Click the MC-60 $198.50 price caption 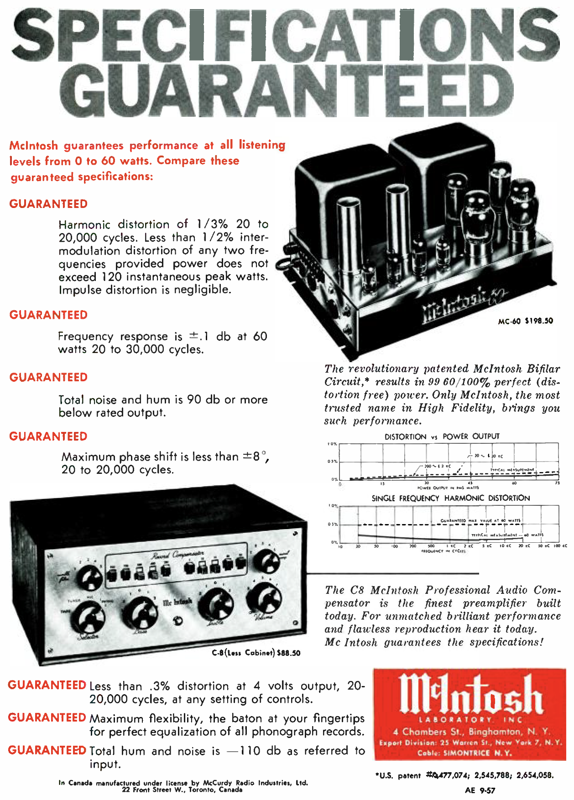click(525, 321)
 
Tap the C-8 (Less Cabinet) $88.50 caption click(256, 653)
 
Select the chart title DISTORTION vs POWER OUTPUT click(442, 436)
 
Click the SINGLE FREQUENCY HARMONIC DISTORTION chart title click(450, 498)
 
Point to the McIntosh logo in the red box click(470, 695)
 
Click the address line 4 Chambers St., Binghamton click(471, 732)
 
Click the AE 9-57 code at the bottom click(480, 790)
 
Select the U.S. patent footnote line click(464, 775)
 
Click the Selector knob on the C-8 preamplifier click(91, 618)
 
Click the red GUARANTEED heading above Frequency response click(48, 315)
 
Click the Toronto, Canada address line click(182, 790)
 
